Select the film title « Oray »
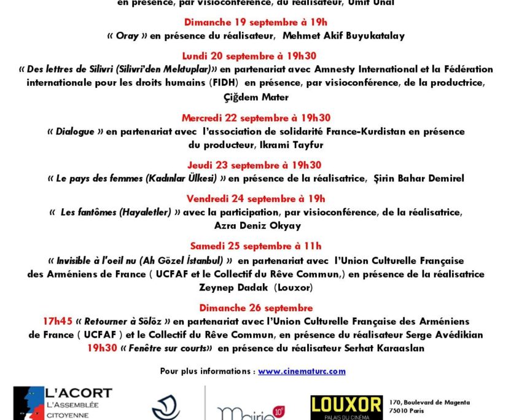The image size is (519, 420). point(127,36)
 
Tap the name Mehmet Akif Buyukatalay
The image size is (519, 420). point(343,36)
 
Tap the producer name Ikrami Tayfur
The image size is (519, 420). point(288,145)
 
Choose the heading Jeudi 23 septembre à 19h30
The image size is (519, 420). point(256,165)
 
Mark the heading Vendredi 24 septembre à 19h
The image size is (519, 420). point(256,198)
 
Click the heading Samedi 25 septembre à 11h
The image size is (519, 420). point(256,246)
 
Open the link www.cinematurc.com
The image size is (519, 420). point(302,371)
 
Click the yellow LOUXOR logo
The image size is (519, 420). point(346,405)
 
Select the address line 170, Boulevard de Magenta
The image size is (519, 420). point(430,403)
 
